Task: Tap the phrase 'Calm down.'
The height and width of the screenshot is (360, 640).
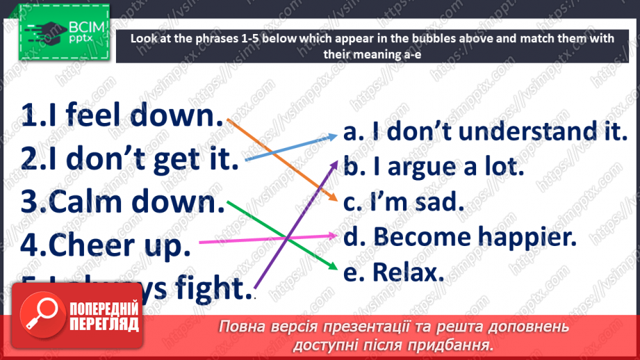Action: pos(120,203)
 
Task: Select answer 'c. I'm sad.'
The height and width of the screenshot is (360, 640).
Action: pos(403,202)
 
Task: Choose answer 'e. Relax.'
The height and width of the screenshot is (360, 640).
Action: pos(393,272)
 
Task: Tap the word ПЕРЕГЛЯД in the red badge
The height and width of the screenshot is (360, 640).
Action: pos(104,324)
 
